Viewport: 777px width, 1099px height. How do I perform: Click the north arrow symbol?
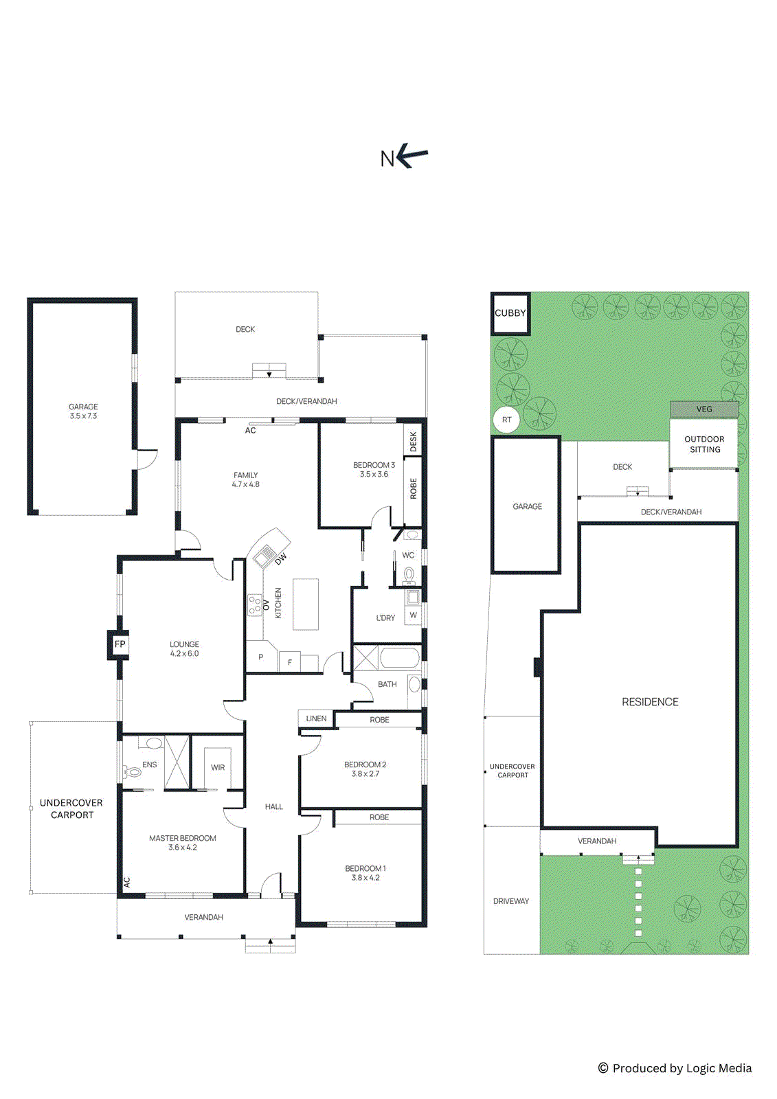(412, 156)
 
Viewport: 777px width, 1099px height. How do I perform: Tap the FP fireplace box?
(119, 644)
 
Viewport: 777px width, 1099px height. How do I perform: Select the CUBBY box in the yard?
(510, 313)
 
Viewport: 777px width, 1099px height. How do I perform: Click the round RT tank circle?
(506, 420)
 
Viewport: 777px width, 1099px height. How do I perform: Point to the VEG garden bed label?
(704, 409)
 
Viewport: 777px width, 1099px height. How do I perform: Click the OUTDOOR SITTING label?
(704, 444)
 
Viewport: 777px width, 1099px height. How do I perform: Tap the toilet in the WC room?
(409, 574)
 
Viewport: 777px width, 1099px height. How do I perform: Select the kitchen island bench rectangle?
(306, 604)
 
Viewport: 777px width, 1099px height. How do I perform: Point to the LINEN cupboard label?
(316, 718)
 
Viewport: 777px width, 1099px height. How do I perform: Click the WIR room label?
(218, 768)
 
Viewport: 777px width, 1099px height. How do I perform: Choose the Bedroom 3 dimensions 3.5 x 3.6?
(374, 475)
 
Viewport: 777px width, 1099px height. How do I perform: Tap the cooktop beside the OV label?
(255, 605)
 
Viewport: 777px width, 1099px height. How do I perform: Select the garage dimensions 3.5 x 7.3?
(83, 416)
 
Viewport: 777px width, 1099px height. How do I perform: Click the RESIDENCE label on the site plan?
(650, 702)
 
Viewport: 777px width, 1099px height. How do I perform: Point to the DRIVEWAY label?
(511, 901)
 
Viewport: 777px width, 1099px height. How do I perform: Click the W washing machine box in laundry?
(413, 615)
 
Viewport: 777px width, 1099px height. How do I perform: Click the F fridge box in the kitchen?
(290, 662)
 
